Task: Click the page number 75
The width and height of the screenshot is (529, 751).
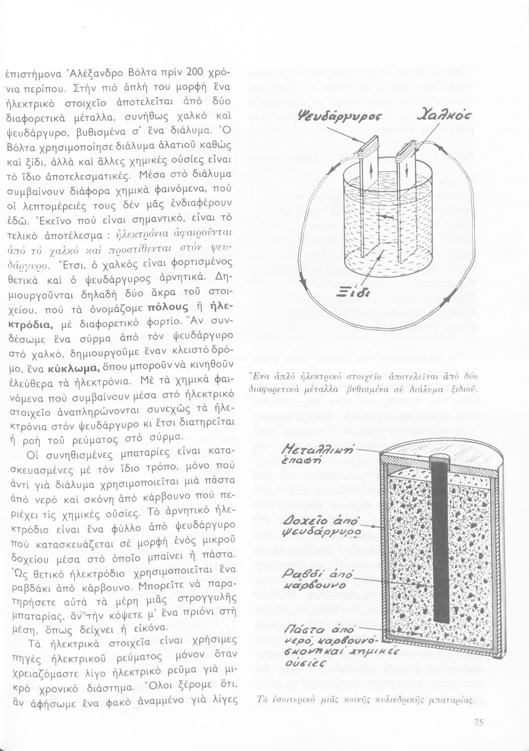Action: (x=477, y=722)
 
